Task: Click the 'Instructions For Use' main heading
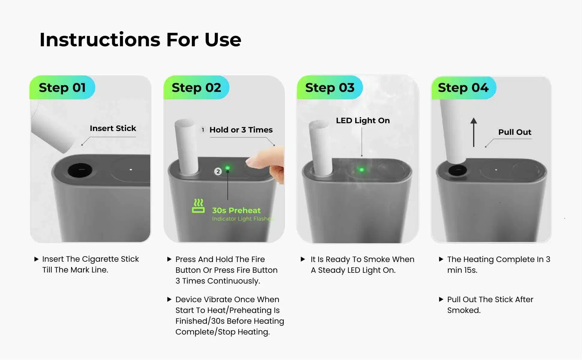click(140, 40)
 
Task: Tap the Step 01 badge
click(62, 87)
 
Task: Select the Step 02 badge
click(196, 87)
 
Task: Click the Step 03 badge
click(330, 87)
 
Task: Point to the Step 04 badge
click(463, 88)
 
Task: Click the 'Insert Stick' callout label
click(113, 128)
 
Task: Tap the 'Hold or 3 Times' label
click(241, 130)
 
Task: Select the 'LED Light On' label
click(363, 120)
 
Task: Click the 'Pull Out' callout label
click(515, 132)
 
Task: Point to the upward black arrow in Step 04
click(474, 132)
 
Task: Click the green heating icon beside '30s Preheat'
click(198, 206)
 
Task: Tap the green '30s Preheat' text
click(236, 210)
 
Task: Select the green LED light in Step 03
click(361, 170)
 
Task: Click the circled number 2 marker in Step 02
click(218, 171)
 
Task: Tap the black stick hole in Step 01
click(80, 170)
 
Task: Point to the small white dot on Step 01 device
click(131, 170)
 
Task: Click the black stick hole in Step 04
click(457, 170)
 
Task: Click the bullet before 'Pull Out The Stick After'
click(441, 299)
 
